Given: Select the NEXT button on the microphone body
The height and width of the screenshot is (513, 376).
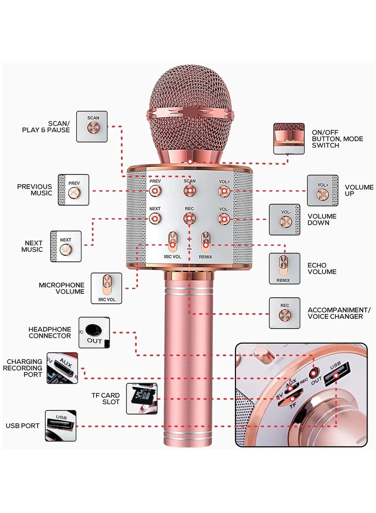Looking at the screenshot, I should pos(155,219).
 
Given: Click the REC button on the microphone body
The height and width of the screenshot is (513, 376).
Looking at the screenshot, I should pos(189,219).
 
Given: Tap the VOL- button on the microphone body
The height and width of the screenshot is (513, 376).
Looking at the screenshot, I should pos(224,219).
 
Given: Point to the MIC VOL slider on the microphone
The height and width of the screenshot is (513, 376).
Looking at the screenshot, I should pos(172,241).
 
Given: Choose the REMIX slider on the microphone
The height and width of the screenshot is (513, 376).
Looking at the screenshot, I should pos(205,241).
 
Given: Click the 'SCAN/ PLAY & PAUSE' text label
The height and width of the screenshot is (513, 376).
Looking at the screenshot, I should pos(46,126).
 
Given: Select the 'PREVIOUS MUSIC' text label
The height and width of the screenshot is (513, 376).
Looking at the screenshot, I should pos(35,190).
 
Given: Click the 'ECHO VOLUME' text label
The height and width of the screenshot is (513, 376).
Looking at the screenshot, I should pos(322,268).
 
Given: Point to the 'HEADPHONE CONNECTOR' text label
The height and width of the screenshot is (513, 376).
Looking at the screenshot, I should pos(50,332).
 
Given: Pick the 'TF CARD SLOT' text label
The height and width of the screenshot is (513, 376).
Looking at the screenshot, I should pos(107,399).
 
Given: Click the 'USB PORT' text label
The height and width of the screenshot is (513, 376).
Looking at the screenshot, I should pos(23,426).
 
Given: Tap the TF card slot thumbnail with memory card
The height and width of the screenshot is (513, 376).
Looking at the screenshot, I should pos(141,399).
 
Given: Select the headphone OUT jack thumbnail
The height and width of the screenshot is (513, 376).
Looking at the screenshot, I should pos(94,332).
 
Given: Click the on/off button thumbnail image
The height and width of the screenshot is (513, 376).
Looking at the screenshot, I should pos(289,139).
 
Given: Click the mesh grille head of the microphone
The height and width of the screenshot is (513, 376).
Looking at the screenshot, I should pos(189,103).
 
